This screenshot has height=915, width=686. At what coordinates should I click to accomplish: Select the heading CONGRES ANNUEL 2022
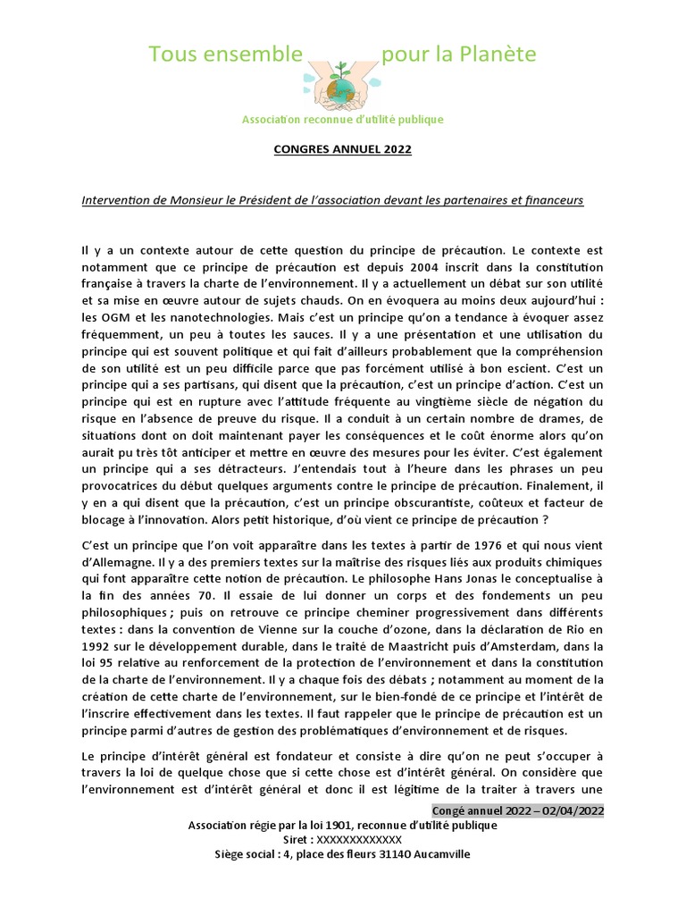[343, 149]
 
